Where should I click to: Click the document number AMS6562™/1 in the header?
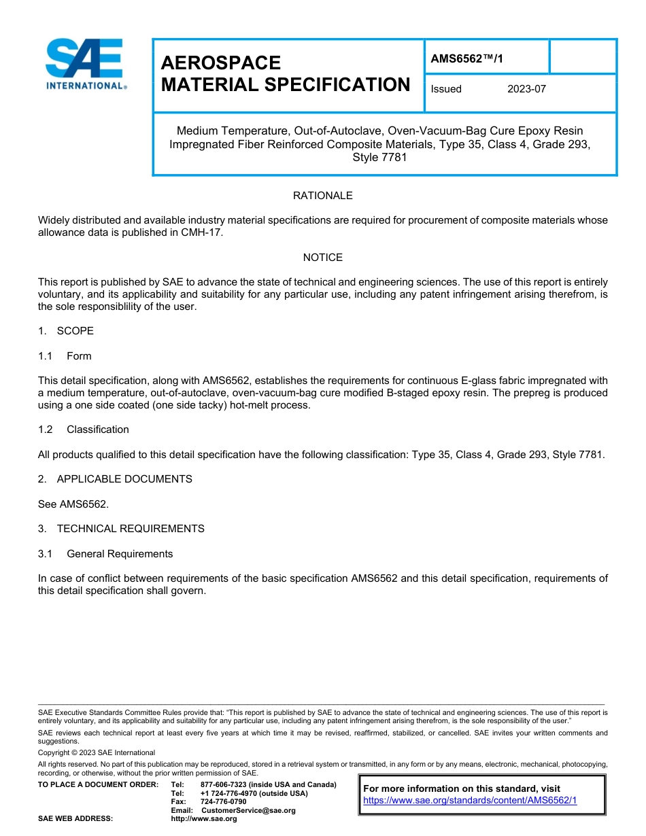(466, 59)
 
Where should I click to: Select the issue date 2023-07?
(526, 89)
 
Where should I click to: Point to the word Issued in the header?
(446, 89)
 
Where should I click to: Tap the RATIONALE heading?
(322, 196)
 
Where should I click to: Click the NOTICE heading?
(322, 258)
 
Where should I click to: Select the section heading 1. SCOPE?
(66, 331)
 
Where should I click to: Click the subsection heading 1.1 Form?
(65, 356)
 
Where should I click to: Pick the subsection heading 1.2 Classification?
(84, 430)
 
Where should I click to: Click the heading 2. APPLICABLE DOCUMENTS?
(115, 479)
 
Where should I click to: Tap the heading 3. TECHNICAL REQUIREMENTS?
(121, 529)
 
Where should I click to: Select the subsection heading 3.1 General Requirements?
(105, 554)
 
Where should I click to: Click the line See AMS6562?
(73, 504)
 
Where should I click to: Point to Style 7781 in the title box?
(379, 158)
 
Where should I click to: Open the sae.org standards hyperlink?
(470, 801)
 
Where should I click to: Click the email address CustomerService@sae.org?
(248, 810)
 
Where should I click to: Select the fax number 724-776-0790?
(223, 802)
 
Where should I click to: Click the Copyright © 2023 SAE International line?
(97, 752)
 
